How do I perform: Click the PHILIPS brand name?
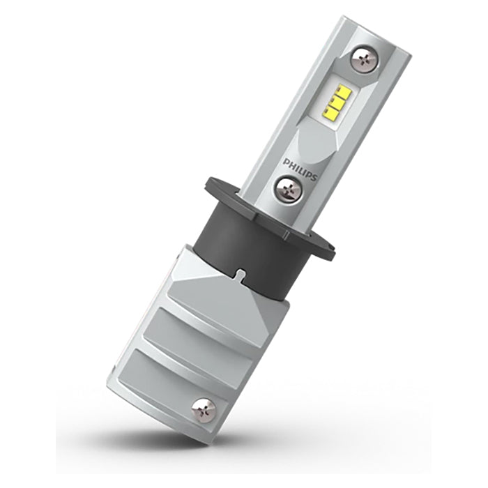pos(300,168)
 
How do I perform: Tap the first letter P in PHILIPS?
pos(286,160)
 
